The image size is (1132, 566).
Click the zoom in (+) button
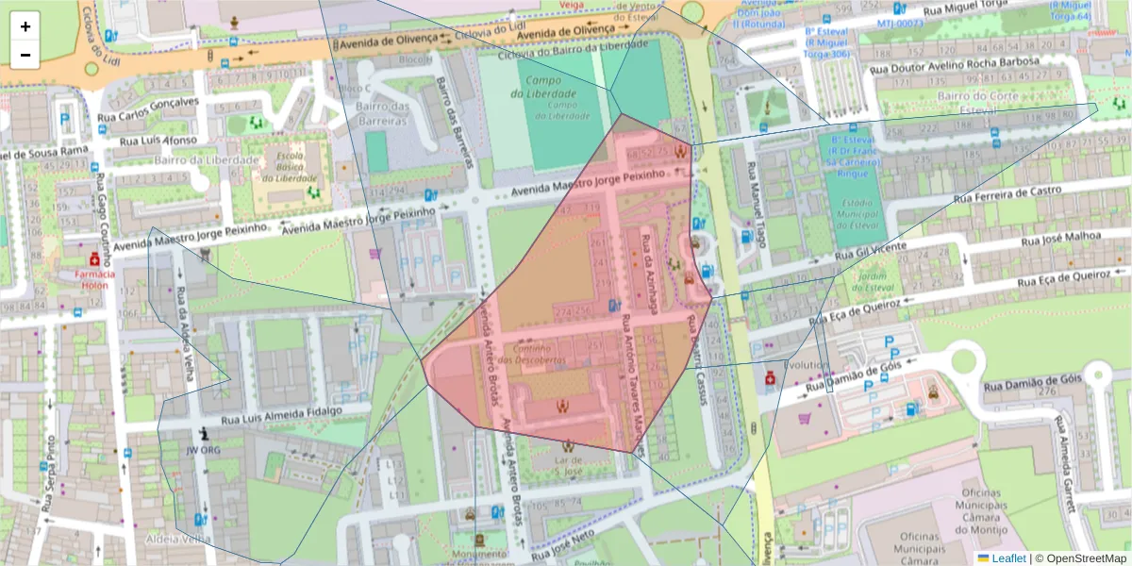tap(25, 26)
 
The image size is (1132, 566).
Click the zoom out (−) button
tap(25, 55)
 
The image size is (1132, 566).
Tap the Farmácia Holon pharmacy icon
tap(94, 258)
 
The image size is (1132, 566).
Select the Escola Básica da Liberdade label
tap(289, 165)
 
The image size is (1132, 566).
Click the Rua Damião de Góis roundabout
tap(965, 359)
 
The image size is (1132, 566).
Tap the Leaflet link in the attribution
tap(1007, 558)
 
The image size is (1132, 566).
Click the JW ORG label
tap(203, 450)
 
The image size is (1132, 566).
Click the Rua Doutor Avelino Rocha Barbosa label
tap(954, 65)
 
